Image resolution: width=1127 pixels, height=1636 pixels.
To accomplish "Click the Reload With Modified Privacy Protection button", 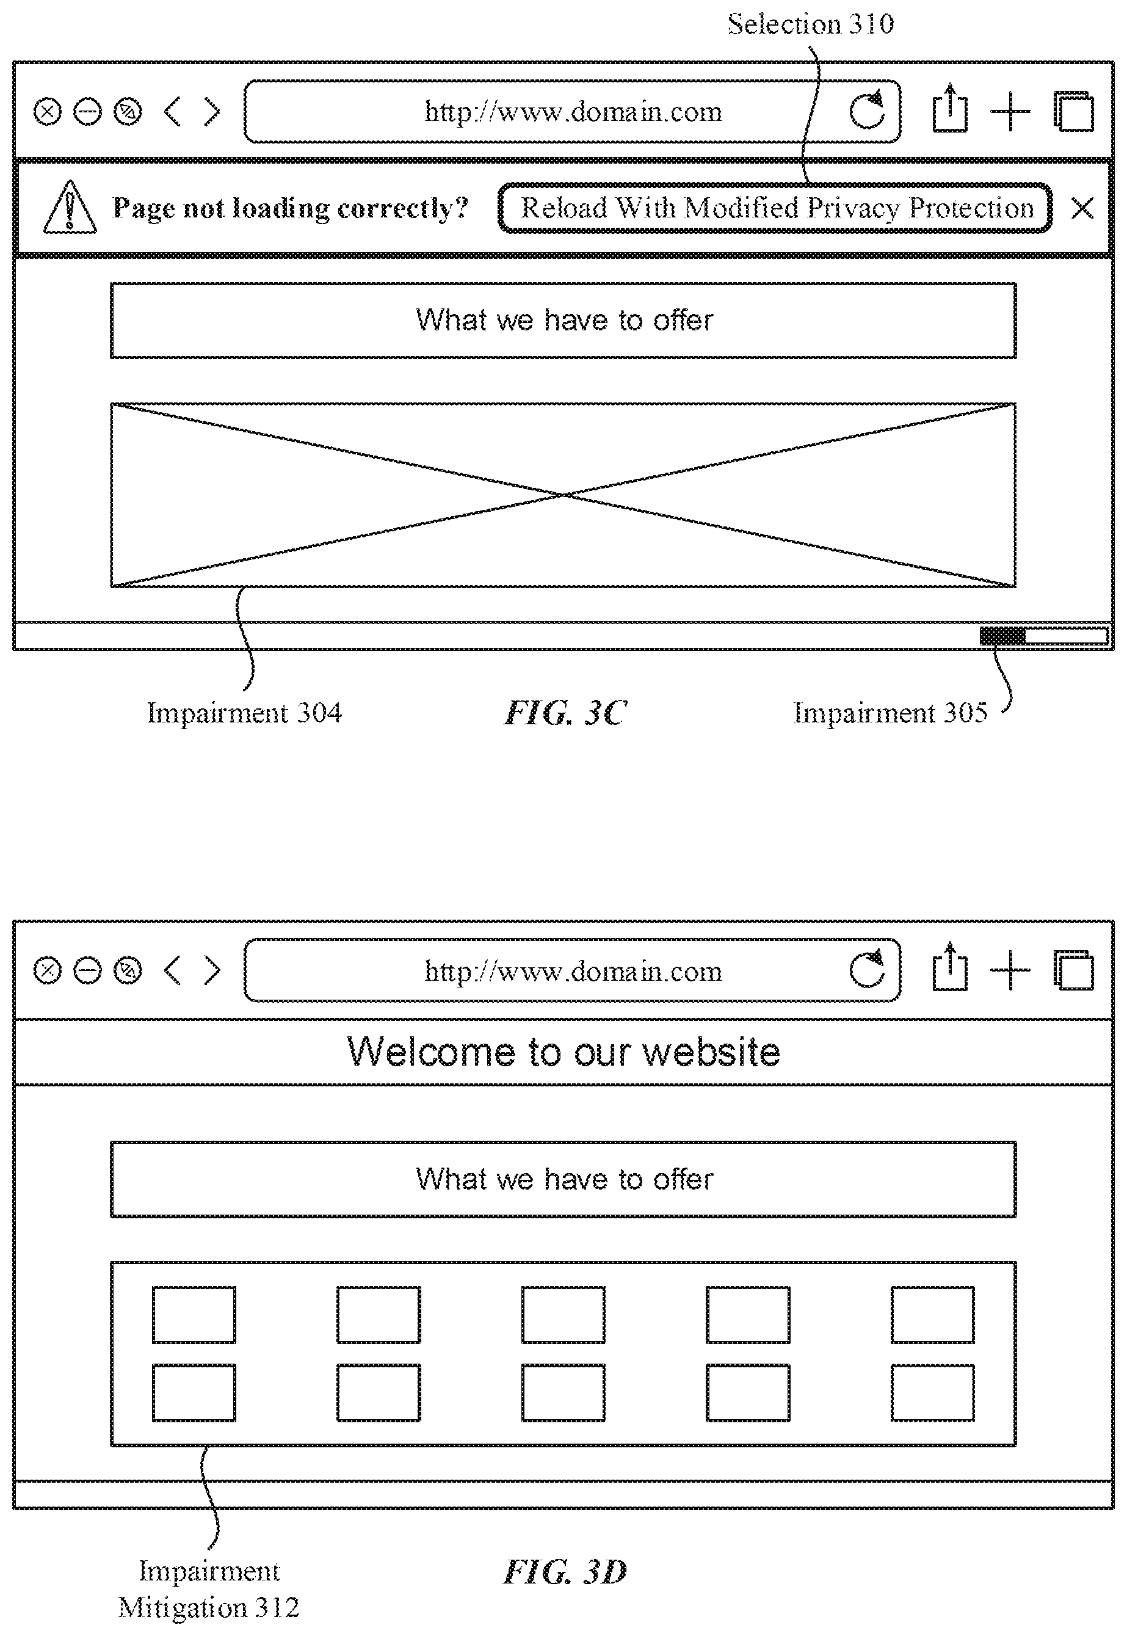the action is [775, 208].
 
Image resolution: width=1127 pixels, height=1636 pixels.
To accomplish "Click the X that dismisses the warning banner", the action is [1082, 208].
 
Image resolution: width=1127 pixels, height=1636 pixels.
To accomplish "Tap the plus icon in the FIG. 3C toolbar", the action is [1010, 111].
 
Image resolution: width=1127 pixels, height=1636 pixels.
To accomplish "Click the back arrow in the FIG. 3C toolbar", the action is [172, 112].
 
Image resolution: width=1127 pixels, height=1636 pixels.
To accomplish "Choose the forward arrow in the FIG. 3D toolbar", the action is [212, 970].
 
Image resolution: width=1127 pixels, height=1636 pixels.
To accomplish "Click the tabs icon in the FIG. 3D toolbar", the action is [1073, 970].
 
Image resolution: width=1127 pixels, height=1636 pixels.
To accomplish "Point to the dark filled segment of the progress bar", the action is [1002, 636].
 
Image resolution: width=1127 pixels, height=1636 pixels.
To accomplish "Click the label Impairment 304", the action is [244, 713].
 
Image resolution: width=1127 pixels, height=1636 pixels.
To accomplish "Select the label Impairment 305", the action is [891, 713].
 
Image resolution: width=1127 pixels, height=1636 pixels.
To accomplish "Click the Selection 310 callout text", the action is [811, 24].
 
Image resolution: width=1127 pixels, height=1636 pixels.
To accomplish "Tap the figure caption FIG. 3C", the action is [565, 713].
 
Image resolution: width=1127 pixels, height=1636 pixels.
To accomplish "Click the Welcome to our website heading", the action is [563, 1052].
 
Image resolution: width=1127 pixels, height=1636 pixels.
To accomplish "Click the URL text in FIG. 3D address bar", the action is [573, 972].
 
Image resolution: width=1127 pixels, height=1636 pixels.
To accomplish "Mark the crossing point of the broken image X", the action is [564, 495].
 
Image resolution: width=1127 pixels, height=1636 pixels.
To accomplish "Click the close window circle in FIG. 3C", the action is [47, 112].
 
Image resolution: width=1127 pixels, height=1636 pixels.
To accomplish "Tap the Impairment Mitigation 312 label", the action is [209, 1588].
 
